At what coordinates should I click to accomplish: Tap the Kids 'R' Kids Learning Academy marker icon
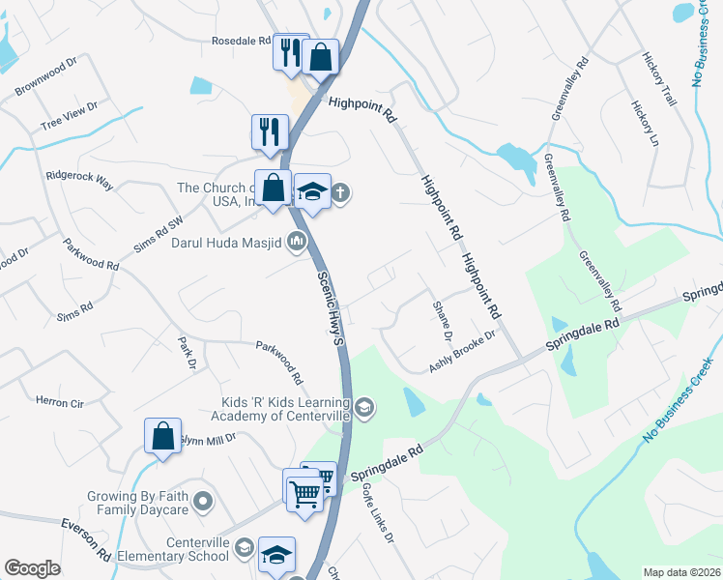363,407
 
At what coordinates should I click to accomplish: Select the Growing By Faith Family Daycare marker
202,501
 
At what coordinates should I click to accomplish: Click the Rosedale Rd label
242,42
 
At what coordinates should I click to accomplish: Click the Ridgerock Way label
80,180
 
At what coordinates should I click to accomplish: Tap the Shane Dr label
441,320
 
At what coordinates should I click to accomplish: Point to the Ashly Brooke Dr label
462,351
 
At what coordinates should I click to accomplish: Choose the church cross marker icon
340,194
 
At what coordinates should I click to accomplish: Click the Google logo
33,568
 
